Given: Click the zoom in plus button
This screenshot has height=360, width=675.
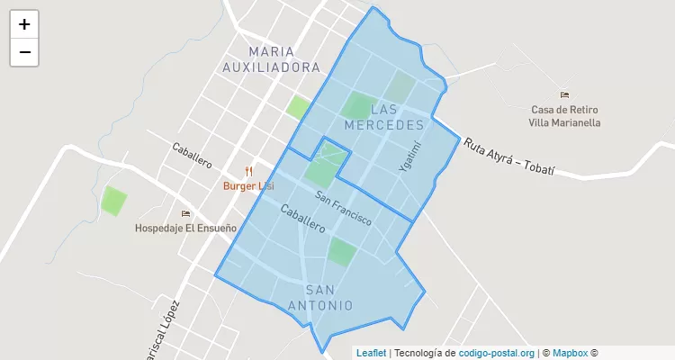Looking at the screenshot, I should (24, 24).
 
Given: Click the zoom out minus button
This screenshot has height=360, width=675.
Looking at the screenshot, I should (24, 52).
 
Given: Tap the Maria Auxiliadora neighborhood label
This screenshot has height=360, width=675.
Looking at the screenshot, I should (272, 59).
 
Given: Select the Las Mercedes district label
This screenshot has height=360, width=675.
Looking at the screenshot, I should (384, 116).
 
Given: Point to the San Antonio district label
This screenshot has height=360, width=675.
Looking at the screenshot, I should (321, 297).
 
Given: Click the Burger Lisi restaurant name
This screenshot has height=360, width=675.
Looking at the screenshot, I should (248, 186).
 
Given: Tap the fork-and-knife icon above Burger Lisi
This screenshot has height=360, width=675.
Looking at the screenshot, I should (249, 171).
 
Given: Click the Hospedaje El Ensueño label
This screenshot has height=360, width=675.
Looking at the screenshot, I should (185, 228).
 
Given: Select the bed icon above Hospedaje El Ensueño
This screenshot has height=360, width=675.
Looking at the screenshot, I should (186, 213).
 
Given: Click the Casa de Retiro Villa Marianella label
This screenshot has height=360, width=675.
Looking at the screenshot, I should (564, 115).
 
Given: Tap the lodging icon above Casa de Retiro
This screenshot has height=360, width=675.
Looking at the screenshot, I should (564, 94).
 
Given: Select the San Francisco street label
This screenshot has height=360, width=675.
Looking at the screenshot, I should (344, 208).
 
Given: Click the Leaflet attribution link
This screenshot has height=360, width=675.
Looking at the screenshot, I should (371, 353).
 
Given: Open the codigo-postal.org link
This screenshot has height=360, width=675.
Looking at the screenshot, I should (497, 353).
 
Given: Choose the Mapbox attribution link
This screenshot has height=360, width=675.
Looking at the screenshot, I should (571, 353).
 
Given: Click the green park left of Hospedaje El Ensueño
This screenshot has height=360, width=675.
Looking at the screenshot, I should (113, 200).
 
